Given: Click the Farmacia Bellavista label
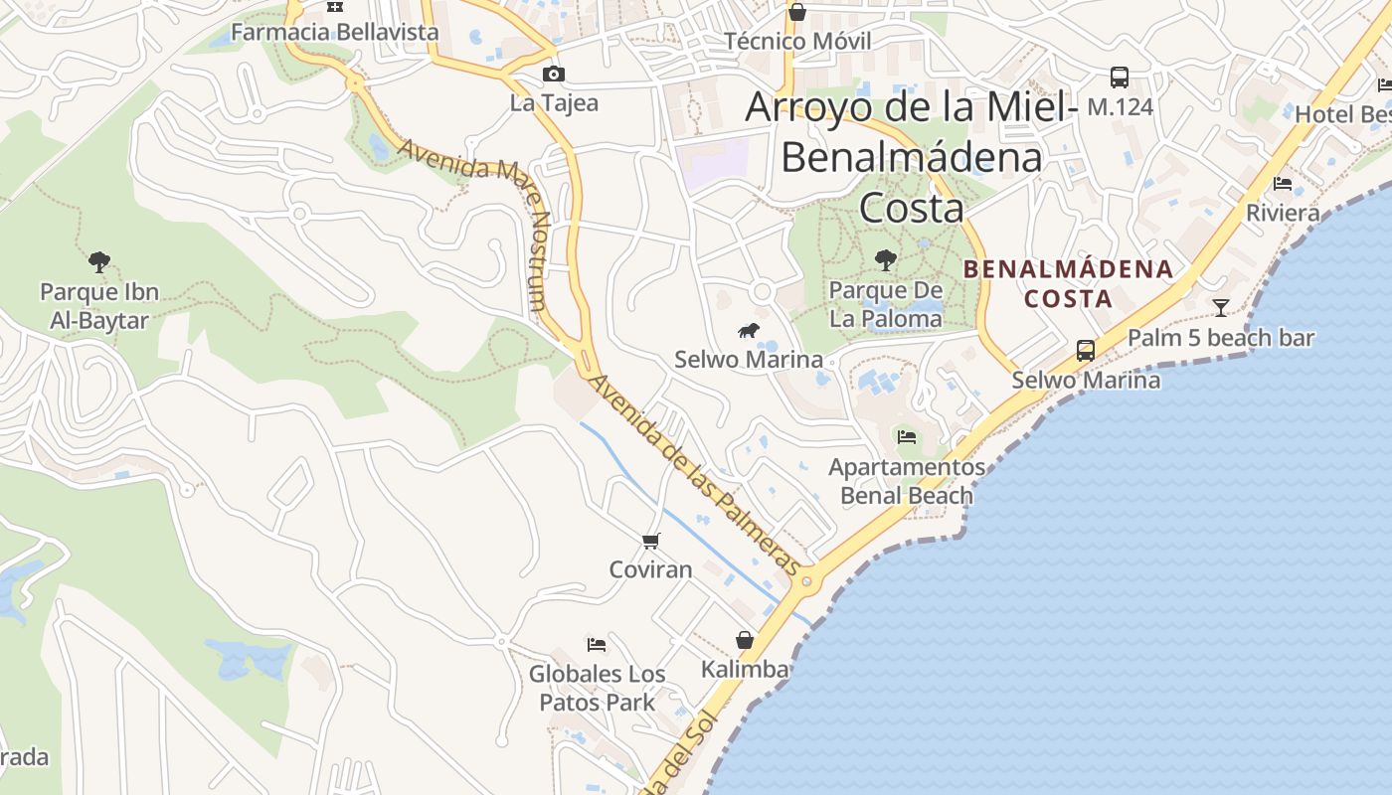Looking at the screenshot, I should coord(334,32).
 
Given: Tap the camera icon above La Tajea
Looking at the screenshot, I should coord(554,74).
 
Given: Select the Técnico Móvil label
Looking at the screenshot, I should coord(797,41).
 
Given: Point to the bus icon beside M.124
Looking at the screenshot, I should coord(1120,77).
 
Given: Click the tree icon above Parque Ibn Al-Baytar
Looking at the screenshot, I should coord(98,262).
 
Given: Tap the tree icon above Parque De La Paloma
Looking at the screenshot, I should coord(885,260).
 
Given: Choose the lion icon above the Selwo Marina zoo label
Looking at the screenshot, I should coord(749,330).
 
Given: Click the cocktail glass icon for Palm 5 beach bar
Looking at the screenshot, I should coord(1221,307).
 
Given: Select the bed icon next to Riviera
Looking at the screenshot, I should coord(1283,183).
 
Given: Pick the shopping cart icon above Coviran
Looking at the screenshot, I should coord(650,541).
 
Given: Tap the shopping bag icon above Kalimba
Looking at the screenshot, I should coord(745,640).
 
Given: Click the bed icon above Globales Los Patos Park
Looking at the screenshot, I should coord(597,645).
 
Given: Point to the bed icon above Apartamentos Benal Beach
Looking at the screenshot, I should coord(906,436).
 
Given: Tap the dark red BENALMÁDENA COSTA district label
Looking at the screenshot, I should coord(1068,283).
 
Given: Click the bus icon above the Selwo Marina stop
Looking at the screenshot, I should coord(1086,350).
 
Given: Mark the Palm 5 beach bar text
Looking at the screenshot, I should coord(1221,338).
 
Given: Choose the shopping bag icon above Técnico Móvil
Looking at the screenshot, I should coord(796,12).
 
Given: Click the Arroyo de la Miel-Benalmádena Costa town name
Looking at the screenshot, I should coord(911,157).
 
